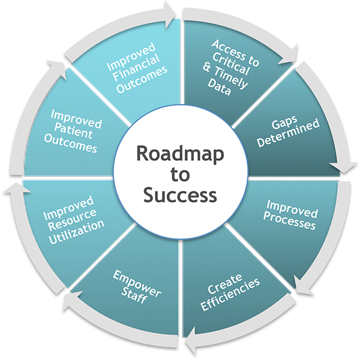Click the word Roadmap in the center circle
(180, 154)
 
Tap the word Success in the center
(180, 195)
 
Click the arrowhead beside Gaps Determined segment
(346, 167)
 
